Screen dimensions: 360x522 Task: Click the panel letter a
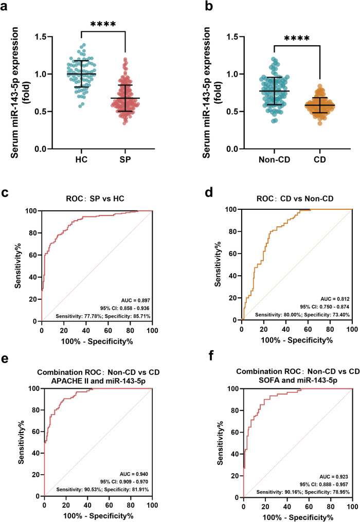click(x=4, y=6)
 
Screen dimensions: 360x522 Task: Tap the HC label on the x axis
click(x=81, y=159)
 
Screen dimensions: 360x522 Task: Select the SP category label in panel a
click(x=125, y=159)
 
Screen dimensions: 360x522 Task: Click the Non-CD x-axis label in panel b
click(x=275, y=159)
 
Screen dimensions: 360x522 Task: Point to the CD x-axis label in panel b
click(x=320, y=159)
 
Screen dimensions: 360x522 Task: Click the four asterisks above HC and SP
click(x=103, y=24)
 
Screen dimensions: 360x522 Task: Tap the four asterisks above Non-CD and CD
click(x=297, y=38)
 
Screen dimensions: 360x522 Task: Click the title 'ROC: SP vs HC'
click(x=95, y=199)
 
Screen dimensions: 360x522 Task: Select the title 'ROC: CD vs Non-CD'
click(x=295, y=199)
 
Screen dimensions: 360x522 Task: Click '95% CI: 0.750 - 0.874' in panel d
click(x=325, y=307)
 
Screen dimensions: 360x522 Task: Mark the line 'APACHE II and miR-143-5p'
click(x=98, y=381)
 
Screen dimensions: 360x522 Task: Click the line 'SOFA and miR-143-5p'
click(x=298, y=380)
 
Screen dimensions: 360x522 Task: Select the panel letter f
click(x=211, y=356)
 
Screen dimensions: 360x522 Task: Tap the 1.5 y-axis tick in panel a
click(x=41, y=37)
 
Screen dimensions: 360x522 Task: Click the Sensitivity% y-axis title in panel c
click(x=17, y=265)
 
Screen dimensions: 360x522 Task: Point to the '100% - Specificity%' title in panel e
click(x=98, y=516)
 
